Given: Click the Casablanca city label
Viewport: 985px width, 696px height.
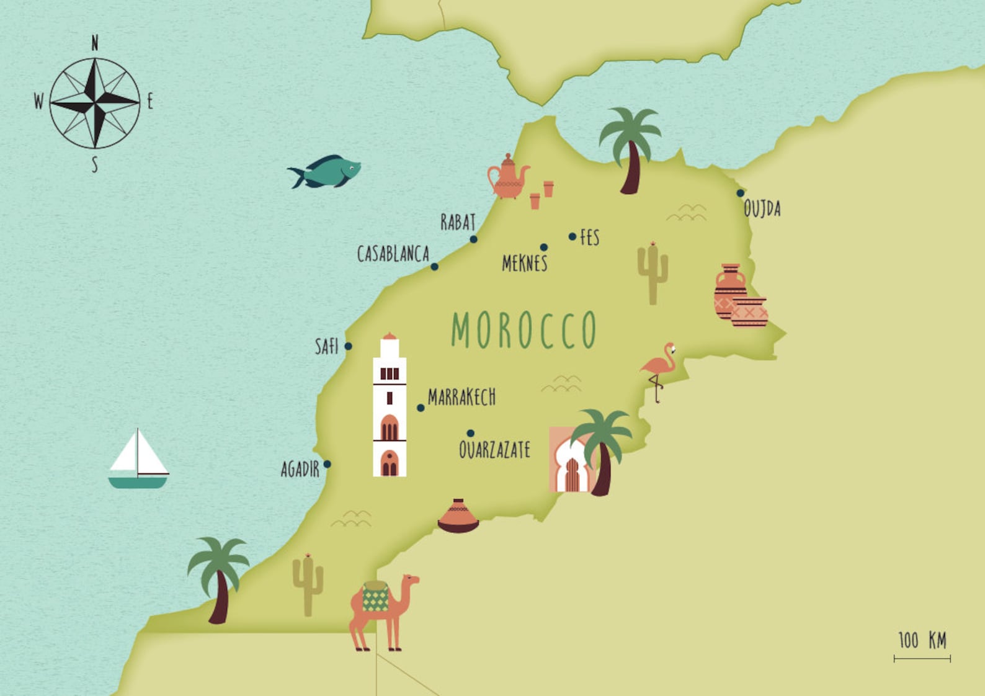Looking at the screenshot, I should (393, 254).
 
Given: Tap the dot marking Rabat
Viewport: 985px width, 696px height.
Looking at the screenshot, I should (473, 239).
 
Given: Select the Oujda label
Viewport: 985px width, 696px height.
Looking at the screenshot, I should (762, 209).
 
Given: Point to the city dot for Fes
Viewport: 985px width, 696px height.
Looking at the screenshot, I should (573, 236).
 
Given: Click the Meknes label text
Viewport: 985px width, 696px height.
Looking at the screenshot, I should (524, 264).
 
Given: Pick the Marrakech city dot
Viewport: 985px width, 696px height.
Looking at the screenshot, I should (421, 408).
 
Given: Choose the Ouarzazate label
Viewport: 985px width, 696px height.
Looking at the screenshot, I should (494, 450).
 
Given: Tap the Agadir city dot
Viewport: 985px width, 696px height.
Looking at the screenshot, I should (327, 464).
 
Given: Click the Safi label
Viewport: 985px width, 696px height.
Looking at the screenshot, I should (326, 346).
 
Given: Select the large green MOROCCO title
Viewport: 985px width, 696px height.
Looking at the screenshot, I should (524, 330).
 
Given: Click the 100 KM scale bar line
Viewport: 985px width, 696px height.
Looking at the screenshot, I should (922, 659).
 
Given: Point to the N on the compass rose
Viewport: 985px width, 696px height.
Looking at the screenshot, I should (95, 43).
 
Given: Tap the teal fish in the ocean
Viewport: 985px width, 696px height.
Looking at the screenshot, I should (326, 171).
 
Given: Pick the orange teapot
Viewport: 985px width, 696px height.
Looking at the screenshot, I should (507, 178).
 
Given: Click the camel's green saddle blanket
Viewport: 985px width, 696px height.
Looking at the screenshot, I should (375, 597).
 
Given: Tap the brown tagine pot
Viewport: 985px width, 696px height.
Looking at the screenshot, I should (458, 517).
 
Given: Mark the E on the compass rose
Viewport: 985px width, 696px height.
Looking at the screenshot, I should (149, 102).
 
